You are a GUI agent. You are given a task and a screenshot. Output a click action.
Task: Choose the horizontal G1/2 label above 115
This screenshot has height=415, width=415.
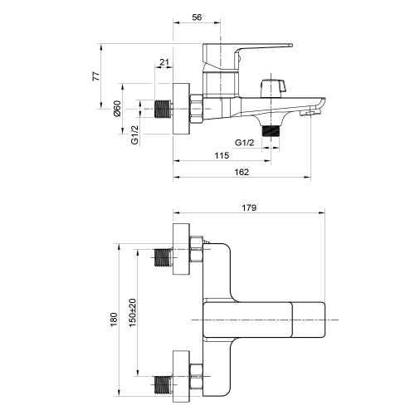click(x=244, y=142)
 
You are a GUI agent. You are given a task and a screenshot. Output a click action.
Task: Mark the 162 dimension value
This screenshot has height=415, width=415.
click(x=242, y=172)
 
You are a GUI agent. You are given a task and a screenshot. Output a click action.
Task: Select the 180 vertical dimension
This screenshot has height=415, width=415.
click(x=114, y=319)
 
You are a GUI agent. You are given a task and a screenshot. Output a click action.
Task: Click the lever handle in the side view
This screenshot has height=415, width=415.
click(x=249, y=51)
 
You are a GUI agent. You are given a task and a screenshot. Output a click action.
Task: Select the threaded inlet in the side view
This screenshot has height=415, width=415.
click(x=164, y=109)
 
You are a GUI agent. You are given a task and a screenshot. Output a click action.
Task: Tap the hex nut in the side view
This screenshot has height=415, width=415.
click(x=198, y=109)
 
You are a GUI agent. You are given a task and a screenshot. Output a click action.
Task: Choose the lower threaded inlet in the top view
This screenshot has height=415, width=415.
click(x=164, y=384)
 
